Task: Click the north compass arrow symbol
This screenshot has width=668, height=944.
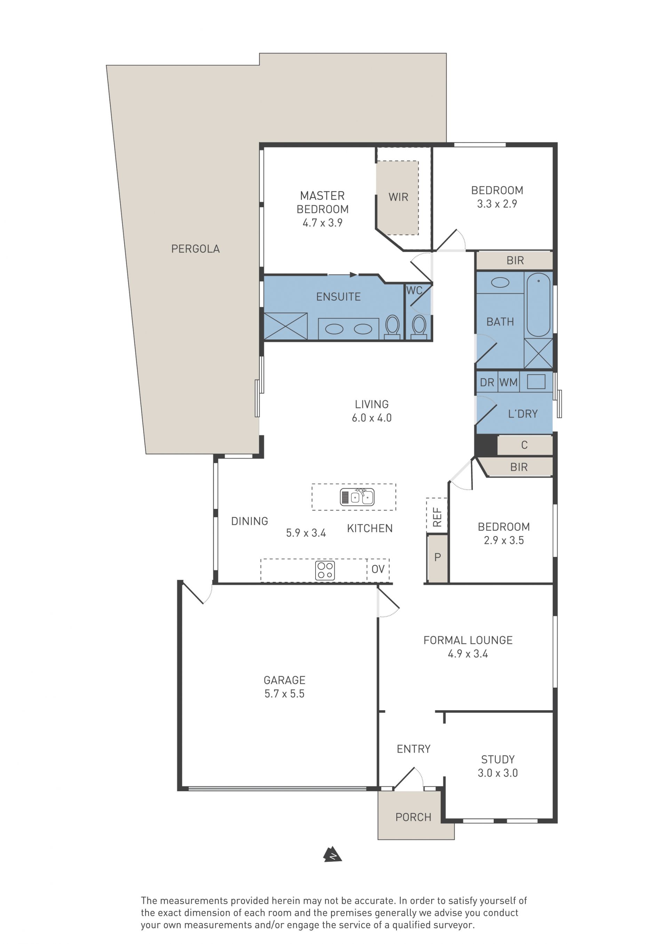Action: coord(333,854)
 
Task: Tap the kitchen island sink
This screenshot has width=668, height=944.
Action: coord(357,497)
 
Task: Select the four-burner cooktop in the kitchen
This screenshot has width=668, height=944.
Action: coord(325,571)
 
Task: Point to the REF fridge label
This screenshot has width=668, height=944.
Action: coord(437,517)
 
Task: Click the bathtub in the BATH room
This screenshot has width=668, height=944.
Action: coord(539,305)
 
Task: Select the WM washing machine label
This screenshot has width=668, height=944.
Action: coord(508,382)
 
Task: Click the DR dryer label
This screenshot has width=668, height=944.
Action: coord(487,383)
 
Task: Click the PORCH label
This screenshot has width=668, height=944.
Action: coord(413,817)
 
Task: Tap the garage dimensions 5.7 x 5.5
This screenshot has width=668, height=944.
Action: coord(284,694)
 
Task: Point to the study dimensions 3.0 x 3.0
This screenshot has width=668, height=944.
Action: coord(498,773)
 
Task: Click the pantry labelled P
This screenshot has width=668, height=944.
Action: coord(438,557)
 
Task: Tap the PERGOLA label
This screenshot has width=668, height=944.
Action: coord(196,249)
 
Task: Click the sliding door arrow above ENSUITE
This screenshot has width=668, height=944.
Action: coord(342,275)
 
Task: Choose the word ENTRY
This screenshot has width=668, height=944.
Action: coord(413,749)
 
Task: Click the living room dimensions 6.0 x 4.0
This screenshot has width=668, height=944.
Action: coord(372,418)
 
